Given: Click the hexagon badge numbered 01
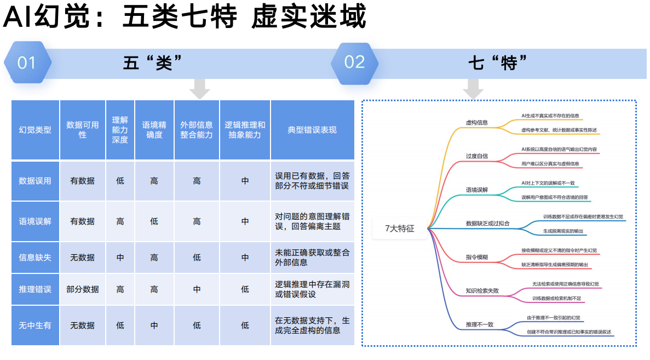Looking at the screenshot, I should pyautogui.click(x=27, y=63).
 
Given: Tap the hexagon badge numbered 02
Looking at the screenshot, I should pyautogui.click(x=354, y=62).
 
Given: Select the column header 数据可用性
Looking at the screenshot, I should pyautogui.click(x=82, y=130).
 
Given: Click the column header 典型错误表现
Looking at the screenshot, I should pyautogui.click(x=312, y=130).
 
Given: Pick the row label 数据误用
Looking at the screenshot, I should pyautogui.click(x=35, y=181).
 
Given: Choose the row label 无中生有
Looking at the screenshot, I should pyautogui.click(x=35, y=325).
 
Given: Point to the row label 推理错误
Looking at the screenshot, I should pyautogui.click(x=35, y=289).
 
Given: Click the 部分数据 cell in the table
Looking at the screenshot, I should pyautogui.click(x=82, y=289).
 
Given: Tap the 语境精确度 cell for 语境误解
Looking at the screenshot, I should pyautogui.click(x=154, y=221).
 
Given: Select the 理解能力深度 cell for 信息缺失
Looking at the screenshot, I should pyautogui.click(x=120, y=258).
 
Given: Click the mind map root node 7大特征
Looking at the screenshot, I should pyautogui.click(x=400, y=229).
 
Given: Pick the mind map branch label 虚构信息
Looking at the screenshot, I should pyautogui.click(x=476, y=123).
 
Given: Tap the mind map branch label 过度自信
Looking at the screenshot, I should pyautogui.click(x=476, y=156).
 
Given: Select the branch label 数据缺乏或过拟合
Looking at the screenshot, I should pyautogui.click(x=487, y=224).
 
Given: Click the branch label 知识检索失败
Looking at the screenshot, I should pyautogui.click(x=482, y=291).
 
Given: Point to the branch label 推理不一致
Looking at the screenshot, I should pyautogui.click(x=479, y=324).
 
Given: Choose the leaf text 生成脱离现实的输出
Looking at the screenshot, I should pyautogui.click(x=563, y=231).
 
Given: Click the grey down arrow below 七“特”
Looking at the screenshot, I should pyautogui.click(x=473, y=88).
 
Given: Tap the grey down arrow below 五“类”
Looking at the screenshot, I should pyautogui.click(x=199, y=88).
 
